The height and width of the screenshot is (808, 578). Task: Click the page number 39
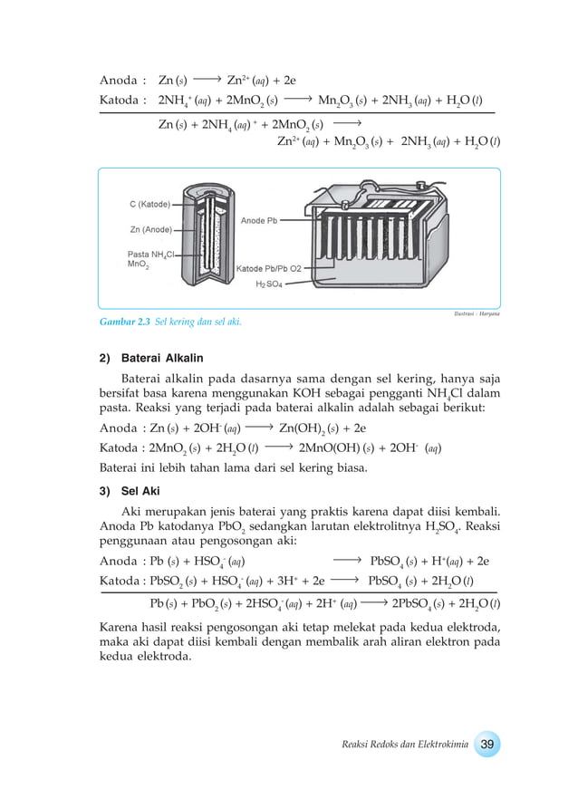coord(486,744)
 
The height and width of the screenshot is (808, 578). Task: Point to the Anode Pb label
coord(259,221)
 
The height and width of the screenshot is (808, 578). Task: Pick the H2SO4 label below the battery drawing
coord(269,284)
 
